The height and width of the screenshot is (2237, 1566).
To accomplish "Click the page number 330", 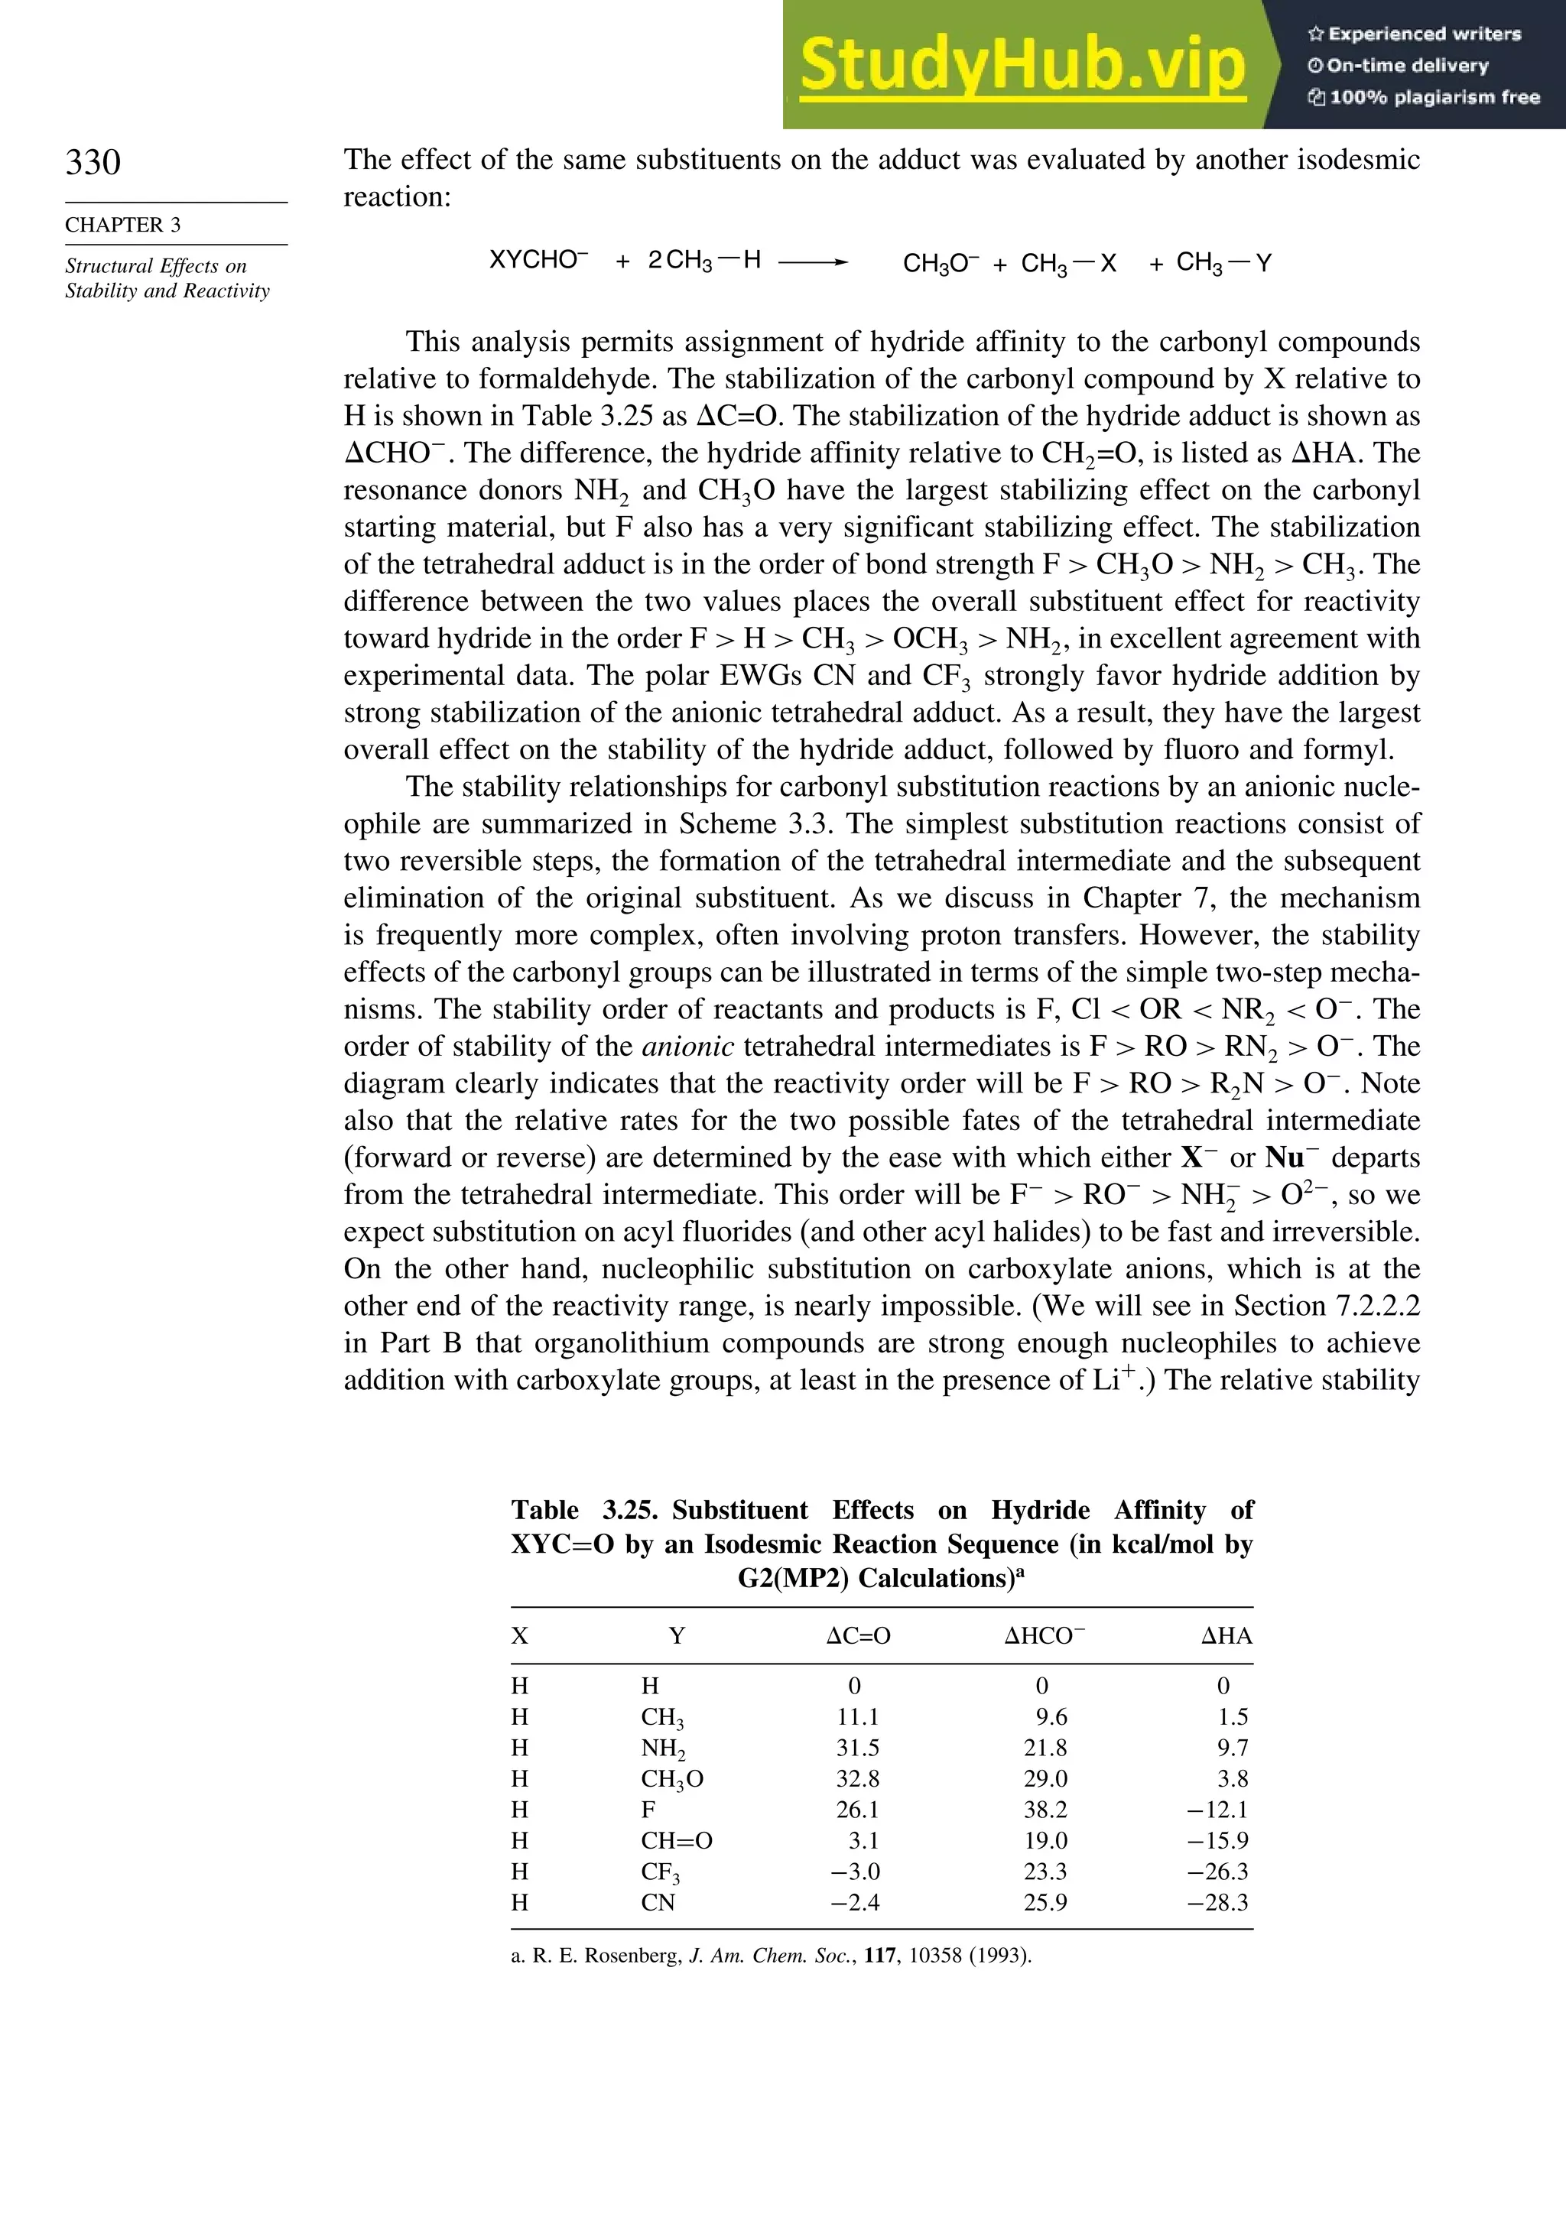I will tap(93, 162).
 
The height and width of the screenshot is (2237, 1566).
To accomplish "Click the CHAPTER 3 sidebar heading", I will tap(123, 225).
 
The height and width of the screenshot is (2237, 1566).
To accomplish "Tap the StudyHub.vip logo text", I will tap(1022, 67).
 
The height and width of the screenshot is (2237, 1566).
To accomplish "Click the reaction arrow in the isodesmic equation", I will tap(813, 262).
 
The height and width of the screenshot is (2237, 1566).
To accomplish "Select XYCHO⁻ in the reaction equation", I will tap(538, 260).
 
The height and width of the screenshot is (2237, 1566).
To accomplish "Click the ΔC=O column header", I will tap(857, 1636).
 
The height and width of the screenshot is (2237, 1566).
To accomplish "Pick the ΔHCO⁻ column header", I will tap(1045, 1636).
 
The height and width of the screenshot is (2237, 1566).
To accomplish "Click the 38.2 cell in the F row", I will tap(1045, 1810).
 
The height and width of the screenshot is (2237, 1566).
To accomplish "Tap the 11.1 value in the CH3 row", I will tap(857, 1716).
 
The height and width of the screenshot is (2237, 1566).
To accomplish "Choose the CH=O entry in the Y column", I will tap(676, 1840).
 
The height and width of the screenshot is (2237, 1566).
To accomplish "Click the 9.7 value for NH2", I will tap(1232, 1748).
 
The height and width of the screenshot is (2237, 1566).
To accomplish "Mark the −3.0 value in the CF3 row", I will tap(855, 1871).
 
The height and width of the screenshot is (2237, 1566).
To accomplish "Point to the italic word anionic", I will tap(688, 1047).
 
